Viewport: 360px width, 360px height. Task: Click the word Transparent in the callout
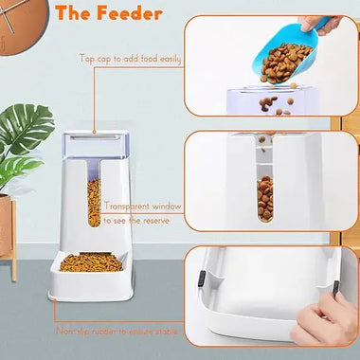click(x=126, y=206)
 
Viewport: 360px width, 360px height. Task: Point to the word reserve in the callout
click(x=154, y=219)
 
